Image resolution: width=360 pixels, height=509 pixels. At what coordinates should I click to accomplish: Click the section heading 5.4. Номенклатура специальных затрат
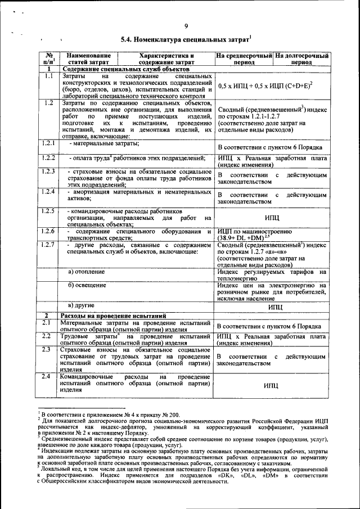185,40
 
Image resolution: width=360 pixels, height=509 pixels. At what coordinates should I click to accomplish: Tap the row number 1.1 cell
48,75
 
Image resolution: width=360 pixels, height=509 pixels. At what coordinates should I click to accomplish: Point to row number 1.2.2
48,158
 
